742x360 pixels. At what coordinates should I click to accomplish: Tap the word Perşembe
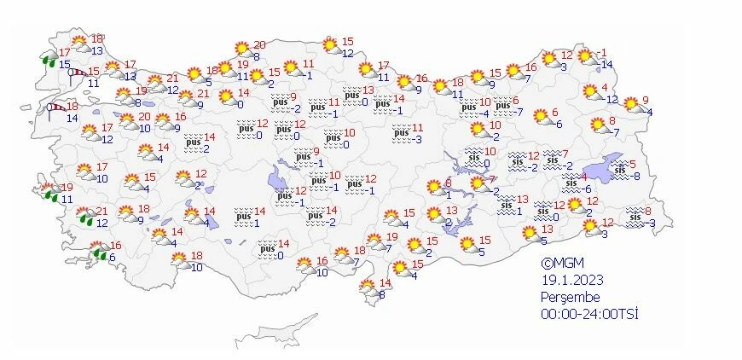point(571,297)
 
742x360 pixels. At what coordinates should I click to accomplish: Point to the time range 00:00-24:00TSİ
point(589,313)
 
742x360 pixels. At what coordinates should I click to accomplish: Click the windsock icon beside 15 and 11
point(77,75)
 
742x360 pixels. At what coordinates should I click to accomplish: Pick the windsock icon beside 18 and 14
point(55,108)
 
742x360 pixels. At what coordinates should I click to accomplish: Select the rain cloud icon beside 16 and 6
point(99,252)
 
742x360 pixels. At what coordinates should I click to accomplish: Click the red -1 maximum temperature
point(602,53)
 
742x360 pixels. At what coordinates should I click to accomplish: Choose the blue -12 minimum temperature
point(611,99)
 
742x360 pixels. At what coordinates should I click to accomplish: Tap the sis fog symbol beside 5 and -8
point(620,170)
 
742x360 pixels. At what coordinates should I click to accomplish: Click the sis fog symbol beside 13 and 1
point(508,205)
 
